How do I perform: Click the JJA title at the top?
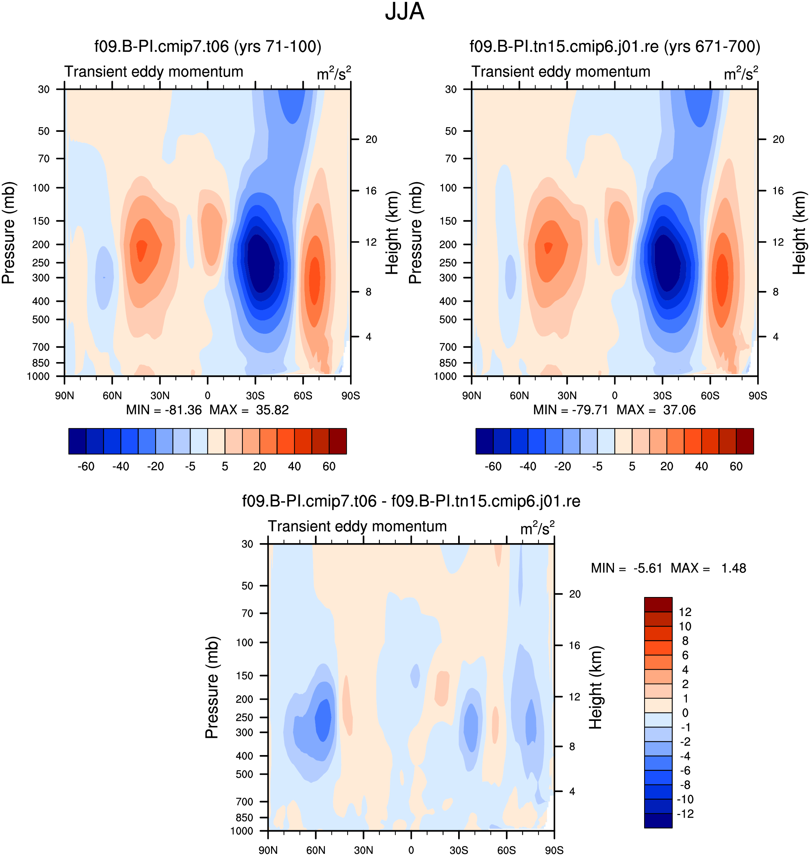tap(405, 11)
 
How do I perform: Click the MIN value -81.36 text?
tap(183, 410)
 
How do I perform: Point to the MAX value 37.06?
tap(679, 410)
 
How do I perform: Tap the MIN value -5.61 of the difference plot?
tap(648, 568)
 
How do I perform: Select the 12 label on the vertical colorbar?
tap(685, 612)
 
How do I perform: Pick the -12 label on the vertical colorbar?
tap(685, 814)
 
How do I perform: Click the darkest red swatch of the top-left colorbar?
tap(337, 441)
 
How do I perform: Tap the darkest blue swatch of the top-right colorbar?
tap(484, 441)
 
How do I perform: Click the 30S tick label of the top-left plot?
tap(255, 395)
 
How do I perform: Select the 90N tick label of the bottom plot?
tap(268, 850)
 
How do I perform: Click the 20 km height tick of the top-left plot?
tap(371, 139)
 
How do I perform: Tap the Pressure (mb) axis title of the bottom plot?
tap(212, 688)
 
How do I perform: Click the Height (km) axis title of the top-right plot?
tap(799, 233)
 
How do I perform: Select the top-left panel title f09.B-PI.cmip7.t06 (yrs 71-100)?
tap(208, 46)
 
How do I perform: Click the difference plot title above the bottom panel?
tap(411, 501)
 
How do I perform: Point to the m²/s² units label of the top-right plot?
tap(741, 73)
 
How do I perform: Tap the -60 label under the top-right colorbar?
tap(493, 467)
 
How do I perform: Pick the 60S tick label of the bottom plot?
tap(507, 850)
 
